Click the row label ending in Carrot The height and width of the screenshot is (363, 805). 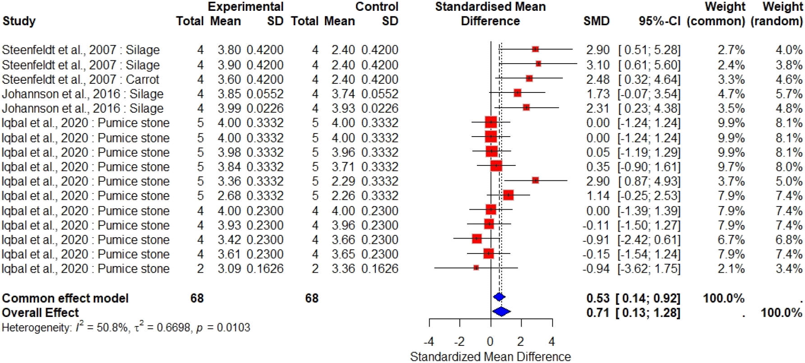point(80,79)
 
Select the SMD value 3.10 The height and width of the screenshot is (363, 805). point(597,65)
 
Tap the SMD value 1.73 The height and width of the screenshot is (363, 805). point(597,94)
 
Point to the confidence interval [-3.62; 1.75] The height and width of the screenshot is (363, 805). point(649,269)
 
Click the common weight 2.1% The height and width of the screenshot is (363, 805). point(731,269)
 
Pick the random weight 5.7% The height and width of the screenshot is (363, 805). point(789,94)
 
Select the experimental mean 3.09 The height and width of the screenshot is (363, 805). point(229,269)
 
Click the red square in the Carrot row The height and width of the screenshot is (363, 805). point(529,78)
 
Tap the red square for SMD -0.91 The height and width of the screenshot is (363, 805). point(477,239)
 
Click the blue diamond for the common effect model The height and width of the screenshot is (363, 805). point(499,297)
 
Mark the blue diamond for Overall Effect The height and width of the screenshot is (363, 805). point(501,311)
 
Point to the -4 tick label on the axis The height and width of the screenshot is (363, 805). point(429,341)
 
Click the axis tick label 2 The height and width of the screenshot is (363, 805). point(521,341)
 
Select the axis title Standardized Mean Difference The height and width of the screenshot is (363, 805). point(490,357)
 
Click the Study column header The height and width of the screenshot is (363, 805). point(19,21)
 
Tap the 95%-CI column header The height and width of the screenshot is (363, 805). point(659,21)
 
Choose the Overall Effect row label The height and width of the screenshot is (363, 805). point(40,312)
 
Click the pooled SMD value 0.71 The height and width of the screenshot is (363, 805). point(597,312)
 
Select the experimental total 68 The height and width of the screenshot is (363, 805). point(197,298)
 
